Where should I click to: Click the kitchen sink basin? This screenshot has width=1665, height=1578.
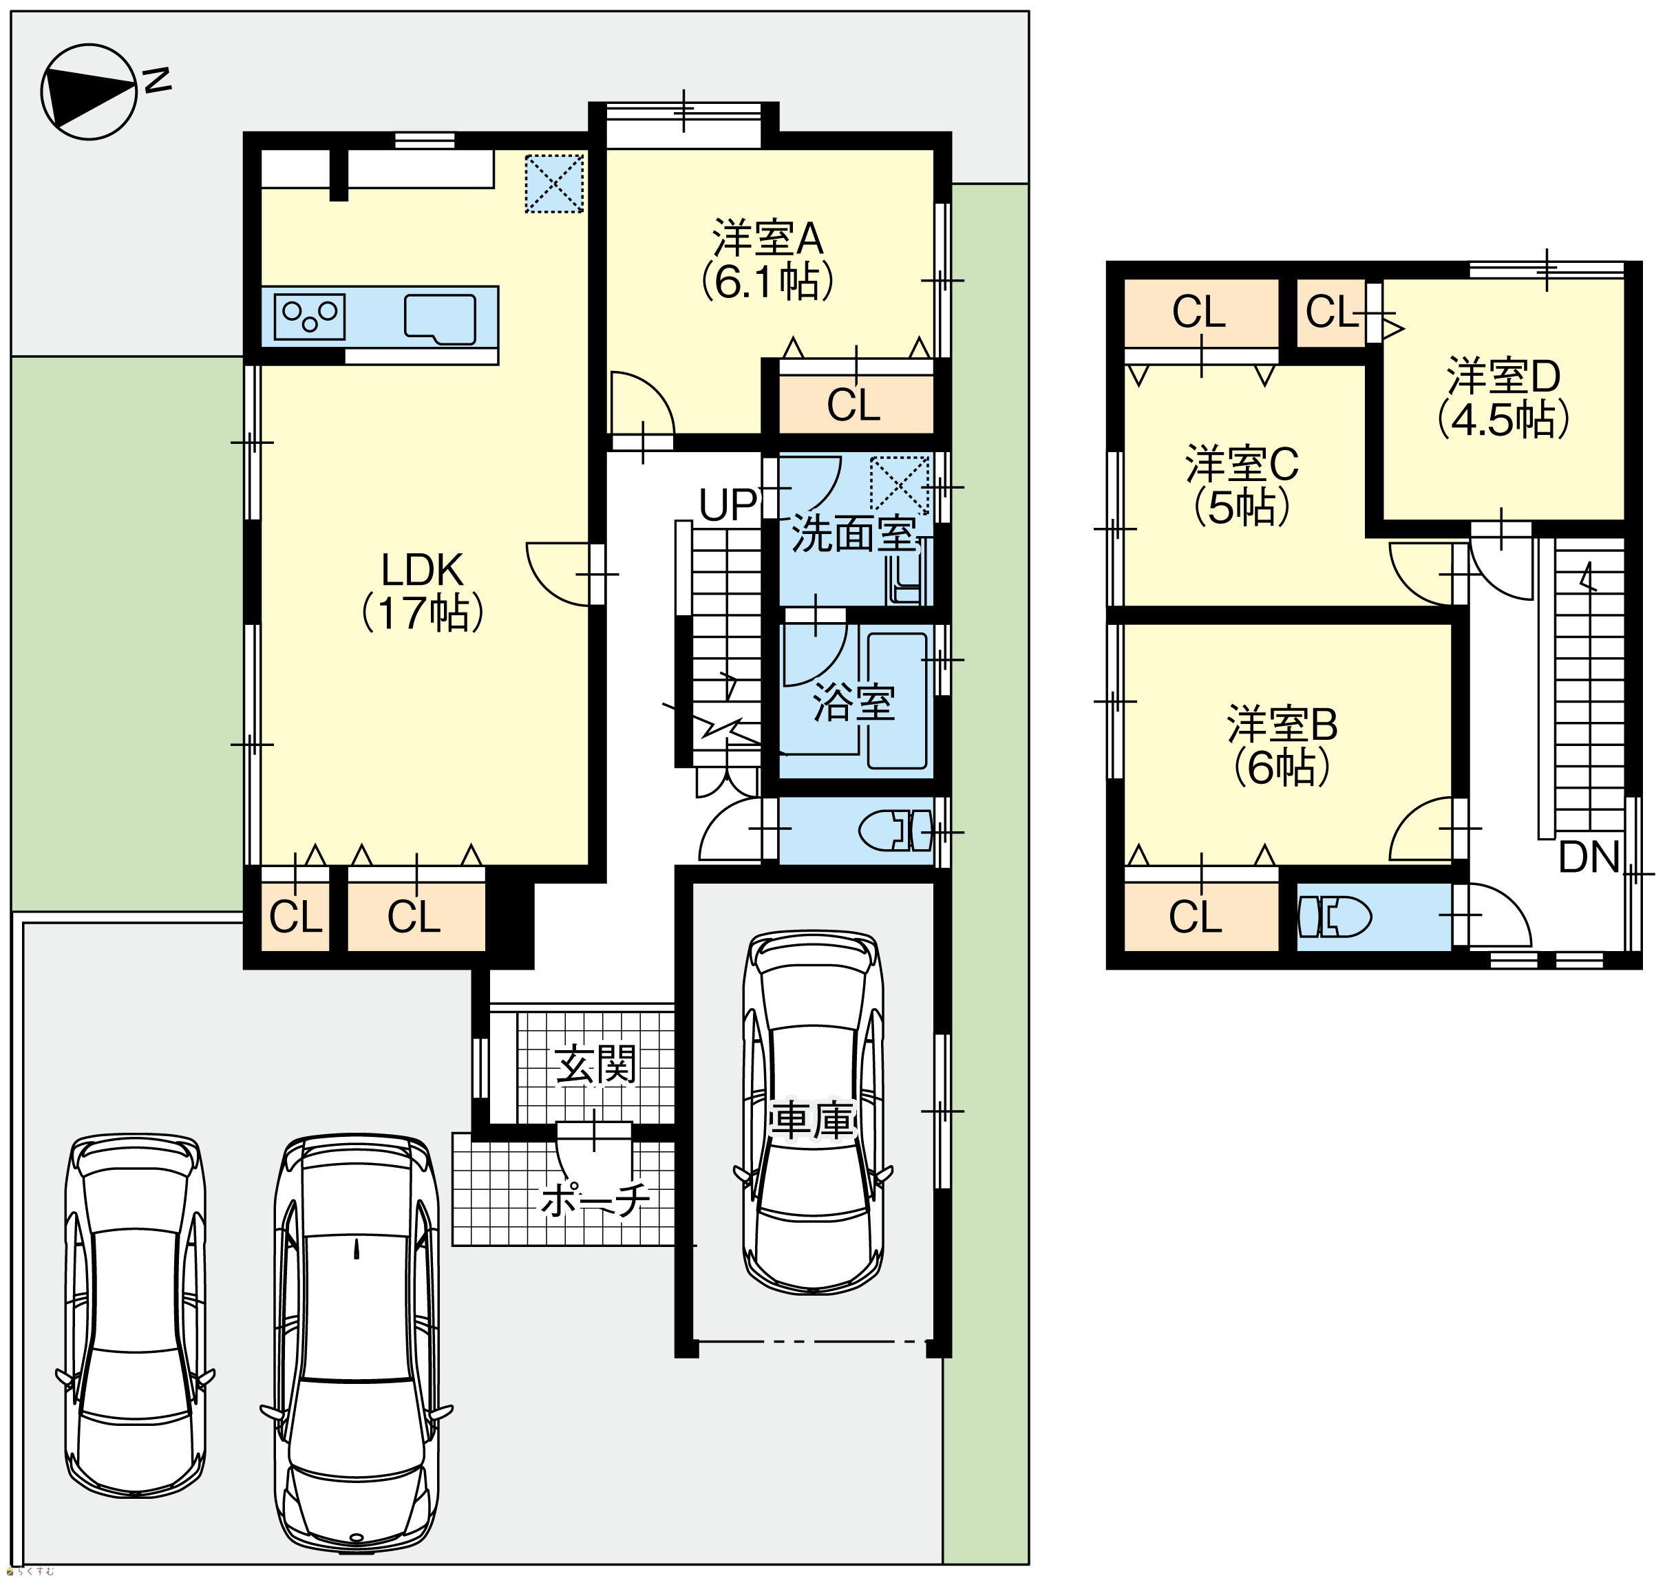(440, 319)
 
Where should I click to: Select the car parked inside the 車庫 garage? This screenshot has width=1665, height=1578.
(814, 1113)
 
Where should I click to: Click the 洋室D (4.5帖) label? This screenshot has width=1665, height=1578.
(1503, 398)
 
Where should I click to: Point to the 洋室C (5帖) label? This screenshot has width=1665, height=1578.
(1242, 485)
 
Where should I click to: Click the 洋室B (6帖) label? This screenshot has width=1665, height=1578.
(1282, 745)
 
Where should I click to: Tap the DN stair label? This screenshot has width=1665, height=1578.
(1589, 857)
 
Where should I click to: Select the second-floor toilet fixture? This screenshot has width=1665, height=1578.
(1335, 917)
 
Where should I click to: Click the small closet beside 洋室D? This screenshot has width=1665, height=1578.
(1331, 312)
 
